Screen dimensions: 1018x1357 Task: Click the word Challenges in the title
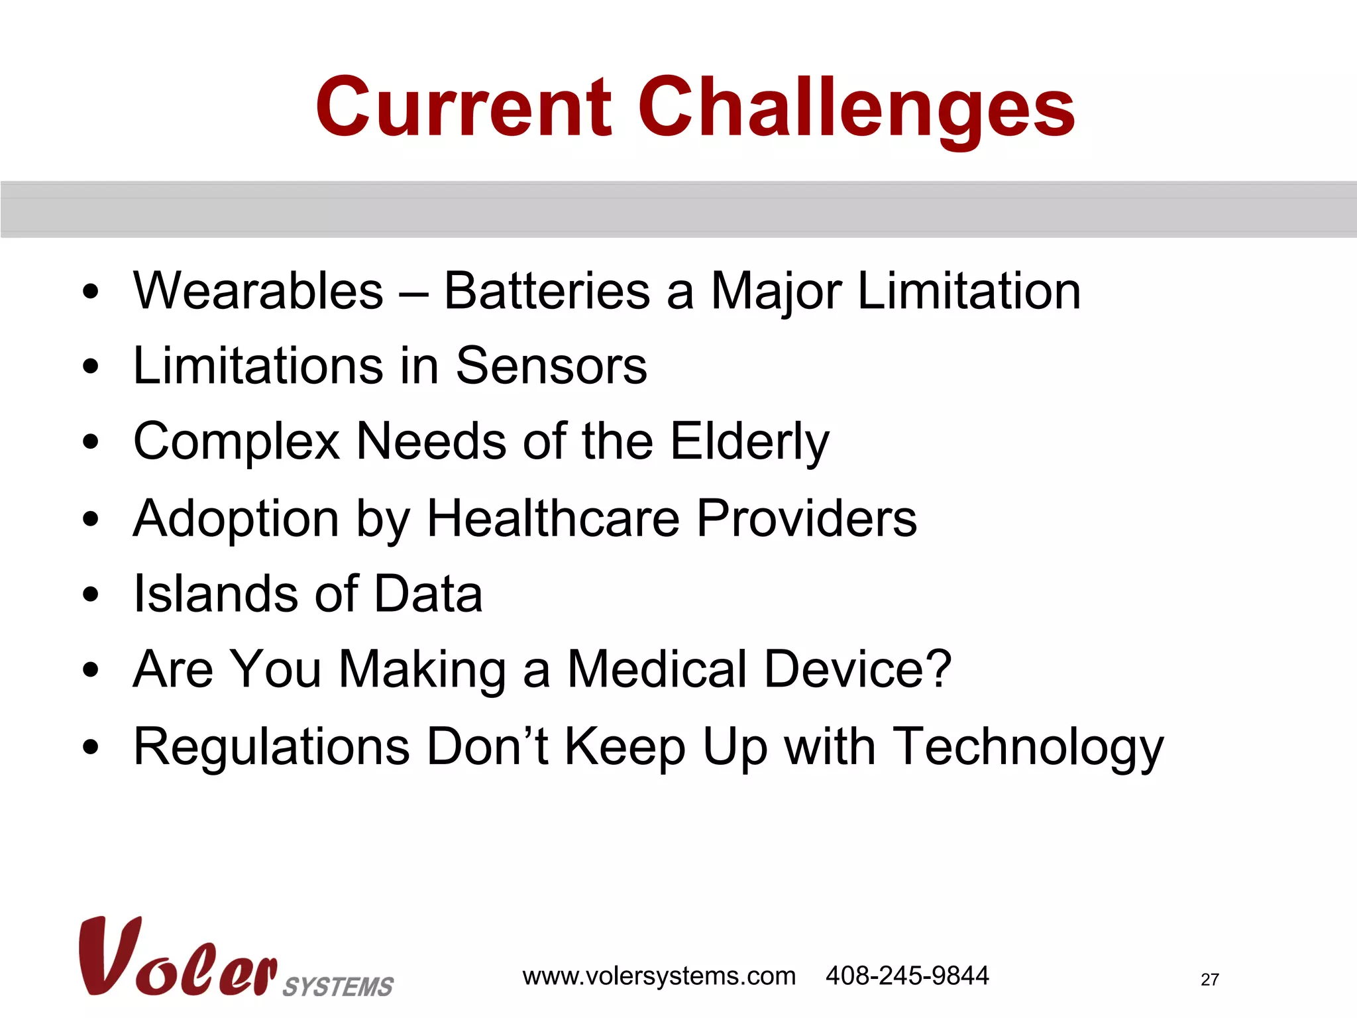pyautogui.click(x=856, y=109)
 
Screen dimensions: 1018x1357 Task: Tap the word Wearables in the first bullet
pyautogui.click(x=258, y=291)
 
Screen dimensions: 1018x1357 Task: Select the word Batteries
pyautogui.click(x=547, y=291)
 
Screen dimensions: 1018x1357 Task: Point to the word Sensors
pyautogui.click(x=551, y=366)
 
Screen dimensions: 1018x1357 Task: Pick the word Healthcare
pyautogui.click(x=553, y=518)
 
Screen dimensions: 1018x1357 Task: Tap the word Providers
pyautogui.click(x=806, y=518)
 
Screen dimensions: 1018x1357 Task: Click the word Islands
pyautogui.click(x=216, y=594)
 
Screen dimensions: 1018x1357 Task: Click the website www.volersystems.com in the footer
pyautogui.click(x=659, y=976)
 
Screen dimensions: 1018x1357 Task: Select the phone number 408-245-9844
pyautogui.click(x=907, y=976)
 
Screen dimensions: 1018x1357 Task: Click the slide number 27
pyautogui.click(x=1209, y=980)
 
